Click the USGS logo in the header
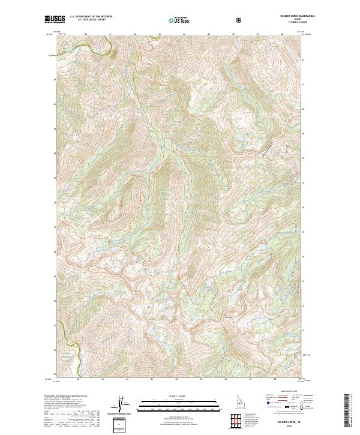(x=54, y=19)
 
